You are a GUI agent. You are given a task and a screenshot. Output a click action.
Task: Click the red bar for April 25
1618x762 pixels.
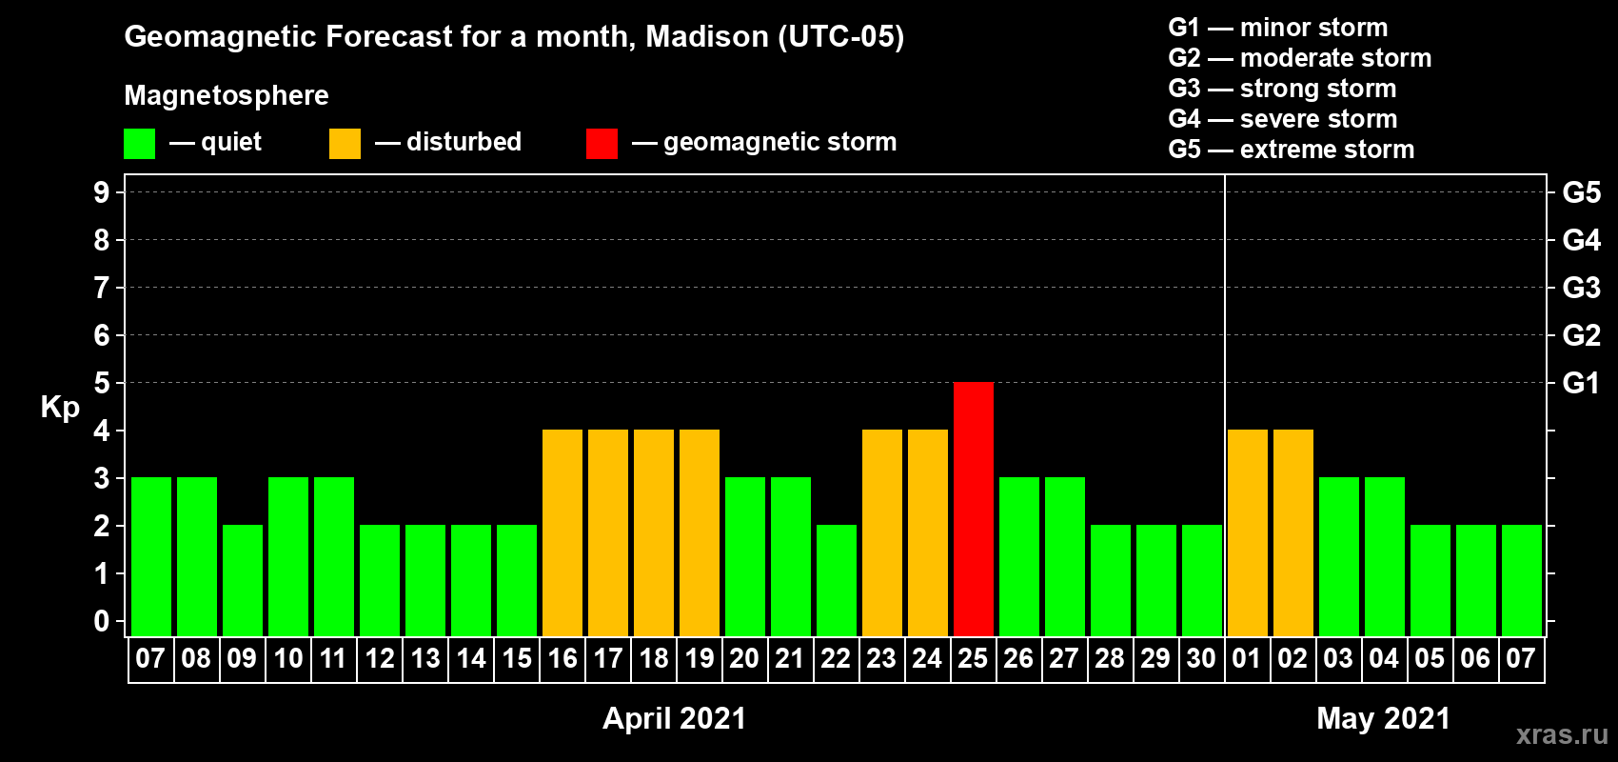pos(973,509)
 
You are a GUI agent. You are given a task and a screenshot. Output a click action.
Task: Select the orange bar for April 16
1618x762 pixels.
pos(562,532)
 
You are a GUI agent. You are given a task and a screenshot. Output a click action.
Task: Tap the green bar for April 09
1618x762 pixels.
pos(243,580)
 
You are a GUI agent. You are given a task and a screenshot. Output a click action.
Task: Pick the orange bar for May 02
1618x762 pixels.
pos(1292,532)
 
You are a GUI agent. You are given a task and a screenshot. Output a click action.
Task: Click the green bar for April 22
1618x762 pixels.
pos(837,580)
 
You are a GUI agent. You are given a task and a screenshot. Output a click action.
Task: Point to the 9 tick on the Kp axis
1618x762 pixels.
pos(101,192)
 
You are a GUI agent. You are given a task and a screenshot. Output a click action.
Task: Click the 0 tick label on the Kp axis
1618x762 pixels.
pos(101,621)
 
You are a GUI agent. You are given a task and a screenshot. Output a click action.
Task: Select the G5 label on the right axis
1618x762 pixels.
pos(1582,192)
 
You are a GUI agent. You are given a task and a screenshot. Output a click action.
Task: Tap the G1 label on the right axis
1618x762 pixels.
pos(1582,383)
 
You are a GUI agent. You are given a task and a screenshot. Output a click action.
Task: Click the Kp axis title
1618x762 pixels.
pos(60,407)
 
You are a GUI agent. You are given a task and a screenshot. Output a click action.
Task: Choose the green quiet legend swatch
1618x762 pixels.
pos(139,143)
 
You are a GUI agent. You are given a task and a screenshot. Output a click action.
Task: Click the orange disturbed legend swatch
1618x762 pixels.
pos(345,143)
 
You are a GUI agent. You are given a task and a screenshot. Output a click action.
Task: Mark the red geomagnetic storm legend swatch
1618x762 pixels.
pos(602,143)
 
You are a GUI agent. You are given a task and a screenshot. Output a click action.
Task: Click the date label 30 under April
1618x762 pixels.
pos(1201,658)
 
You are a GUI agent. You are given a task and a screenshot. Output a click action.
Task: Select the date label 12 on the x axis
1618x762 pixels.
pos(379,658)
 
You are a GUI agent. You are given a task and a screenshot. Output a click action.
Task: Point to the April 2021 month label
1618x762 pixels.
pos(674,718)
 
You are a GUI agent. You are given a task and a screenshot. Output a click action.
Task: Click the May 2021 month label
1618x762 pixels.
pos(1383,718)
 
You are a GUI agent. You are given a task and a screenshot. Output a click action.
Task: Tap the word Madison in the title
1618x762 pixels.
pos(706,36)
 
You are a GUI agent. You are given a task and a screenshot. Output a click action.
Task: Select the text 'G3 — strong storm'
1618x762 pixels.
pos(1282,89)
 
